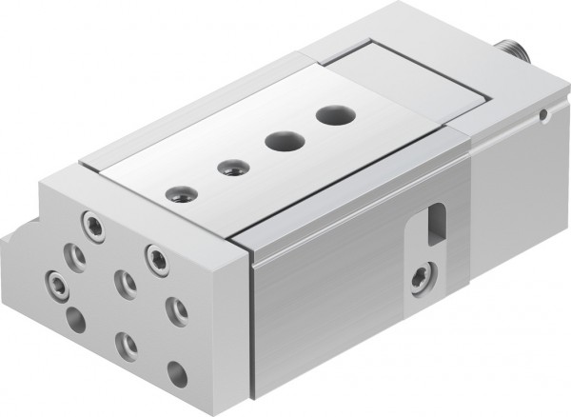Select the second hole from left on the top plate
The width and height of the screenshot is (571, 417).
[x=229, y=169]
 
